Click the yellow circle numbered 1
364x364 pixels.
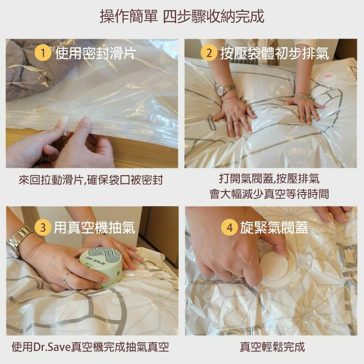click(x=43, y=53)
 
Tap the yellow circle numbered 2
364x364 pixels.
click(x=209, y=53)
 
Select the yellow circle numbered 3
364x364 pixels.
click(x=43, y=227)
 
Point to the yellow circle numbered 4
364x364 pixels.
click(x=229, y=227)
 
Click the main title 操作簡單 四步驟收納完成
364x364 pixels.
click(x=182, y=16)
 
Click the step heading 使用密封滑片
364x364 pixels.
click(x=96, y=53)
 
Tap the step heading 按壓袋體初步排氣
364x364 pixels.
click(x=275, y=53)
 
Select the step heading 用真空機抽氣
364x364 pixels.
click(x=95, y=227)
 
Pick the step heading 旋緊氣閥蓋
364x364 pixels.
click(x=274, y=227)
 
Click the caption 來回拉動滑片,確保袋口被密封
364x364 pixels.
click(x=91, y=180)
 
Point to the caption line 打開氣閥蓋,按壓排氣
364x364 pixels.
click(x=269, y=178)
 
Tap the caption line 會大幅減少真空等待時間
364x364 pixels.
click(x=269, y=194)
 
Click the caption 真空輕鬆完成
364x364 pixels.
click(x=272, y=347)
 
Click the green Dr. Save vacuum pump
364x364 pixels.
click(x=100, y=266)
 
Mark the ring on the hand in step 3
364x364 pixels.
click(x=66, y=278)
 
